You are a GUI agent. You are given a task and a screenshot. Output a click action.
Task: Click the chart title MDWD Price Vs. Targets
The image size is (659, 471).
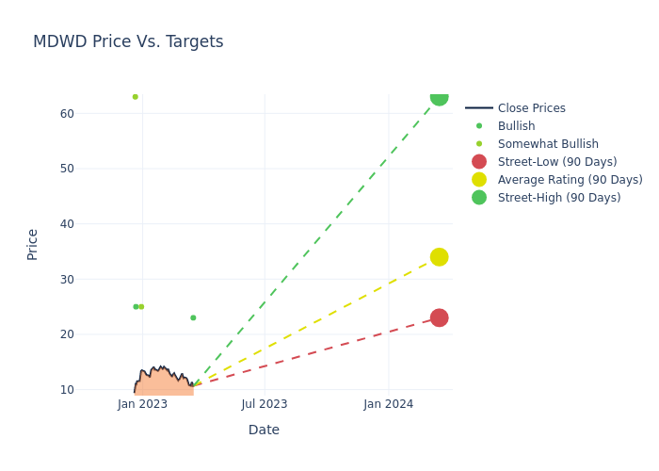pyautogui.click(x=128, y=42)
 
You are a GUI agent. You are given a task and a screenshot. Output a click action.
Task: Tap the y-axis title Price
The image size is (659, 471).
pyautogui.click(x=33, y=244)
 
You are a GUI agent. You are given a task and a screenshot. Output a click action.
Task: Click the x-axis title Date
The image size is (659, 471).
pyautogui.click(x=264, y=430)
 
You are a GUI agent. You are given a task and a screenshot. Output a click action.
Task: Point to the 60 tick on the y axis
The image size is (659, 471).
pyautogui.click(x=67, y=114)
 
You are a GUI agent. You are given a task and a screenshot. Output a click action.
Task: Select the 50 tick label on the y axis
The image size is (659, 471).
pyautogui.click(x=67, y=169)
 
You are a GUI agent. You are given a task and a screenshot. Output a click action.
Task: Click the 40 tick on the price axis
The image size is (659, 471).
pyautogui.click(x=67, y=224)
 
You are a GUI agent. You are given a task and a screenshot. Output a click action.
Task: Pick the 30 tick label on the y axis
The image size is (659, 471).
pyautogui.click(x=67, y=279)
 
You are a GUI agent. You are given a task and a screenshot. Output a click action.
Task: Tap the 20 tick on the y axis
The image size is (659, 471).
pyautogui.click(x=67, y=334)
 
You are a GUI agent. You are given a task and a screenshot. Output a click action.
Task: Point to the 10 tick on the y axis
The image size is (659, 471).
pyautogui.click(x=67, y=389)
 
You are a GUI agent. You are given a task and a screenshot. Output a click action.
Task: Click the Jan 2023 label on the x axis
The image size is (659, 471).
pyautogui.click(x=143, y=404)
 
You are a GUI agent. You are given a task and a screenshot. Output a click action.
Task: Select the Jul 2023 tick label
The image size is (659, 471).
pyautogui.click(x=265, y=404)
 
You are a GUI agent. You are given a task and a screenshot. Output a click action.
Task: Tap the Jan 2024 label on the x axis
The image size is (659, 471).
pyautogui.click(x=388, y=404)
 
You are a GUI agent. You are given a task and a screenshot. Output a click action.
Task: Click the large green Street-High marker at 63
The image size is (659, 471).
pyautogui.click(x=439, y=97)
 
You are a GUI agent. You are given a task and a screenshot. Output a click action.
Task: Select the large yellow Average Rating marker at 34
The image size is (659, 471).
pyautogui.click(x=439, y=257)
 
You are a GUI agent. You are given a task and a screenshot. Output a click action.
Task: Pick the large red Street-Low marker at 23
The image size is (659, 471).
pyautogui.click(x=439, y=317)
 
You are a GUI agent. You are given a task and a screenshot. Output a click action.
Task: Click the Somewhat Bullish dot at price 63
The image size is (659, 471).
pyautogui.click(x=135, y=97)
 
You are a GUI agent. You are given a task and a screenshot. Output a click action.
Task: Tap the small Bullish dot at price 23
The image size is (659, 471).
pyautogui.click(x=193, y=317)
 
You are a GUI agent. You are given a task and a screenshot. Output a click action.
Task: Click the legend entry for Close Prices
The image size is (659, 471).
pyautogui.click(x=531, y=108)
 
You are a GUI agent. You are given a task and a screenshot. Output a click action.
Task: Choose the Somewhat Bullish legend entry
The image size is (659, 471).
pyautogui.click(x=548, y=144)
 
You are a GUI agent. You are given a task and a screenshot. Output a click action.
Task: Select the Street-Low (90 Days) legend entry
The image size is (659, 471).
pyautogui.click(x=557, y=162)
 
